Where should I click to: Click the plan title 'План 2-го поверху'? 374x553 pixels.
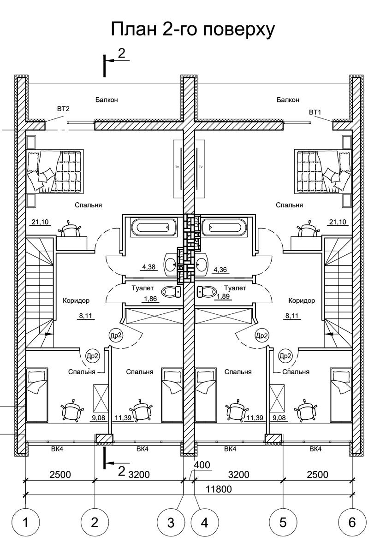(x=193, y=29)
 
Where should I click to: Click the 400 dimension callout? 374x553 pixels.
(x=202, y=465)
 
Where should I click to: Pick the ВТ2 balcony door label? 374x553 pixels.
(x=63, y=109)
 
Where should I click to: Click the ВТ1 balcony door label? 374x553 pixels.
(x=315, y=112)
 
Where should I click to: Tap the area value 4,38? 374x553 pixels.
(x=148, y=267)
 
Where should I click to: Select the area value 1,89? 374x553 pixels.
(x=223, y=296)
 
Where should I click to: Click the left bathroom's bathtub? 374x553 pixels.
(x=150, y=226)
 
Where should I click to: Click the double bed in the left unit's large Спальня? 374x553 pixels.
(x=54, y=171)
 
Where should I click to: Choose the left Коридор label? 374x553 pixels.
(x=76, y=300)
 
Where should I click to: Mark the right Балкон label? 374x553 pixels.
(x=288, y=100)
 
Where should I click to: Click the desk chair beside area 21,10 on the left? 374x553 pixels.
(x=71, y=229)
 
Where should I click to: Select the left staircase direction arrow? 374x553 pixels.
(x=48, y=334)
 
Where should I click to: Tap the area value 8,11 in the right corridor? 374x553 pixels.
(x=292, y=316)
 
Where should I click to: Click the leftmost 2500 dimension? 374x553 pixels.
(x=60, y=474)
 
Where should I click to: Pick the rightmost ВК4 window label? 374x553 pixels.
(x=315, y=449)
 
